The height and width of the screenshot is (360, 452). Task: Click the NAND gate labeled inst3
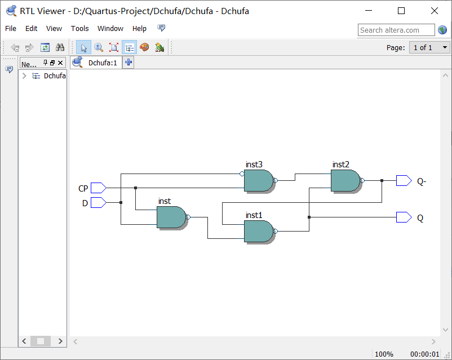(258, 181)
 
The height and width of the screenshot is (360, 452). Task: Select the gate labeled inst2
(345, 181)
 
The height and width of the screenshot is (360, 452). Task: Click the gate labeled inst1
(258, 231)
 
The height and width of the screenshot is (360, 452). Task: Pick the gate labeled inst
(171, 217)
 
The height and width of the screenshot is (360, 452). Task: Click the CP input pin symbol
(98, 188)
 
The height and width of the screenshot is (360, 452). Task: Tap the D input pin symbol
(98, 202)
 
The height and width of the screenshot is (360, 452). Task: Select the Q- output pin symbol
(404, 181)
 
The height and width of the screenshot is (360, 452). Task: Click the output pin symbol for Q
(404, 217)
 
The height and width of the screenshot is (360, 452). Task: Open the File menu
(11, 29)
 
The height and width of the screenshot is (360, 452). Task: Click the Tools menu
(79, 29)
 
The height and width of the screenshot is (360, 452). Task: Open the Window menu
(110, 29)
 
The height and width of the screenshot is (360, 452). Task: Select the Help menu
(139, 29)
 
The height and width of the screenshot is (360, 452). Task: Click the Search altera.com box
(396, 30)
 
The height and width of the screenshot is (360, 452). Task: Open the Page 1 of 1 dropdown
(429, 48)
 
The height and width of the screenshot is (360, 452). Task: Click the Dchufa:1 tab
(102, 63)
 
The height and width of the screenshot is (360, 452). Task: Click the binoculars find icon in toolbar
(60, 48)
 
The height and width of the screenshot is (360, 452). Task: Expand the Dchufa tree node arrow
(24, 76)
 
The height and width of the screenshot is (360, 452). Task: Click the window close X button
(434, 11)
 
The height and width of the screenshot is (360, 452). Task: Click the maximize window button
(401, 11)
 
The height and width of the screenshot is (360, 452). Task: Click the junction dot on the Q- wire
(382, 181)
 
